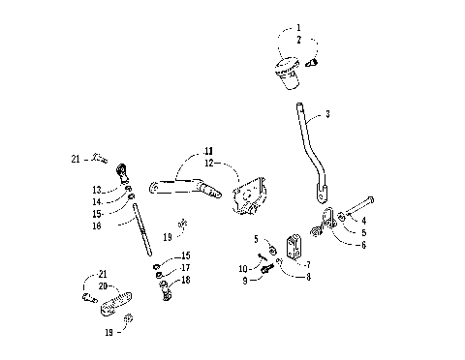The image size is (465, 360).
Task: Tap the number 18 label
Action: click(185, 279)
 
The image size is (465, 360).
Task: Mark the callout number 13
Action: click(97, 190)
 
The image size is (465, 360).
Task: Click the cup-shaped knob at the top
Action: click(287, 72)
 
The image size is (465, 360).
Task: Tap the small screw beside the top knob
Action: click(313, 63)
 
